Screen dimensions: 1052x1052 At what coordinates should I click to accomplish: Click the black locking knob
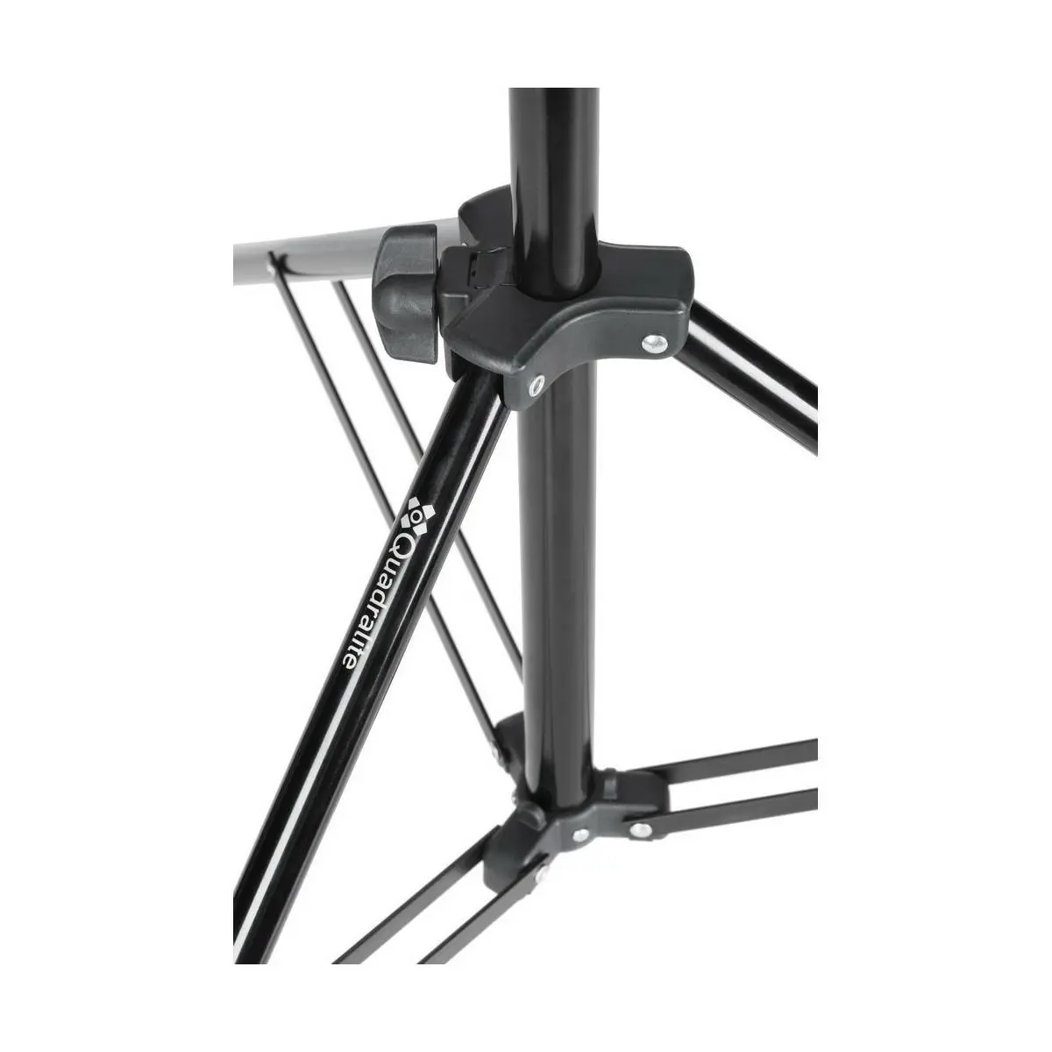406,294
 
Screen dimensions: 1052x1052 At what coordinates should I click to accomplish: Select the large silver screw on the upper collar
654,343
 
